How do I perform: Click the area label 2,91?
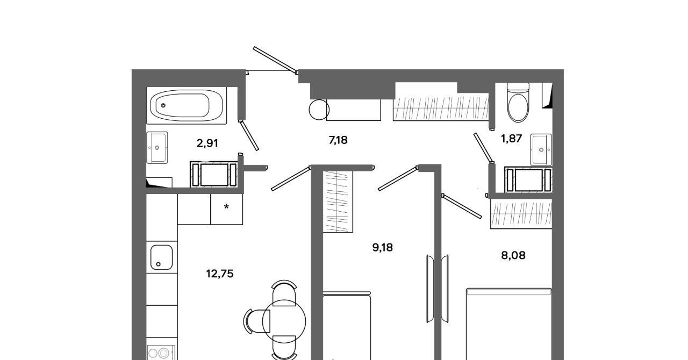[x=207, y=143]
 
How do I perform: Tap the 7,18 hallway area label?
[x=338, y=140]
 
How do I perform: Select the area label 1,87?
[x=511, y=139]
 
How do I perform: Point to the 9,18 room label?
[x=382, y=247]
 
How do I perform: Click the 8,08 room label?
[x=513, y=255]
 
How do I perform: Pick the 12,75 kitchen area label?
[x=220, y=273]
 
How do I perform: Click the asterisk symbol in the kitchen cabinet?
[x=226, y=207]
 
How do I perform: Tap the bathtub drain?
[x=163, y=105]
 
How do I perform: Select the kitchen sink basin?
[x=161, y=257]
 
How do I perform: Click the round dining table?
[x=284, y=322]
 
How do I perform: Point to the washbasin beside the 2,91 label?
[x=157, y=148]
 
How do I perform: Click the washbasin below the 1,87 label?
[x=541, y=150]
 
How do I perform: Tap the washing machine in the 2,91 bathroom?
[x=214, y=175]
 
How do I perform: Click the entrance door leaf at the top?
[x=275, y=60]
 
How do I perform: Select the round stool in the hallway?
[x=319, y=110]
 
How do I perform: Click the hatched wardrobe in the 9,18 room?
[x=338, y=201]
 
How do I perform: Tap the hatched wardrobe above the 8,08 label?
[x=521, y=214]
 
